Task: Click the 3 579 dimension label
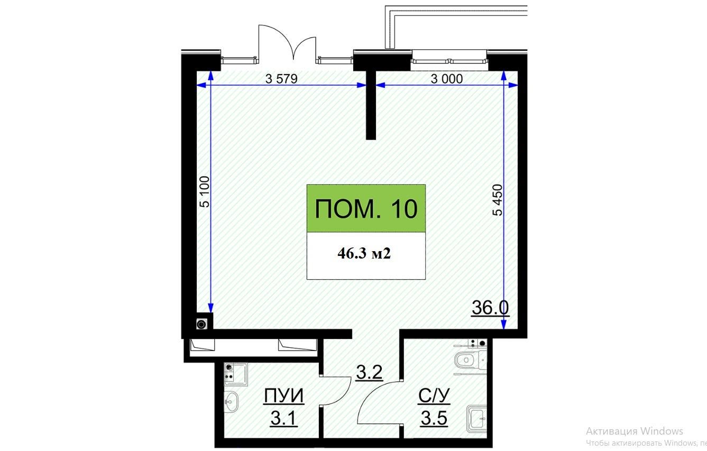coord(281,79)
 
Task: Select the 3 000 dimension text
coord(447,79)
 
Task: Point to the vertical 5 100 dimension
coord(205,191)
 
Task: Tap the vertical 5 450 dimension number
coord(497,200)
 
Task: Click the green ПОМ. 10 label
coord(366,209)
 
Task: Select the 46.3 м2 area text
coord(364,253)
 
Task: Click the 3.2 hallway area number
coord(369,372)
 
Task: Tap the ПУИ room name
coord(284,396)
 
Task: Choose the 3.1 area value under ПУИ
coord(283,419)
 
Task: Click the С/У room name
coord(434,395)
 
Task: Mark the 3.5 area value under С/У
coord(434,419)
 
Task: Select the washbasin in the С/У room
coord(477,419)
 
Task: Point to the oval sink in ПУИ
coord(232,402)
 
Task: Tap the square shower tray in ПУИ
coord(236,374)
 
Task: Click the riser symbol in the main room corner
coord(201,324)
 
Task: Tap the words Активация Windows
coord(635,431)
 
